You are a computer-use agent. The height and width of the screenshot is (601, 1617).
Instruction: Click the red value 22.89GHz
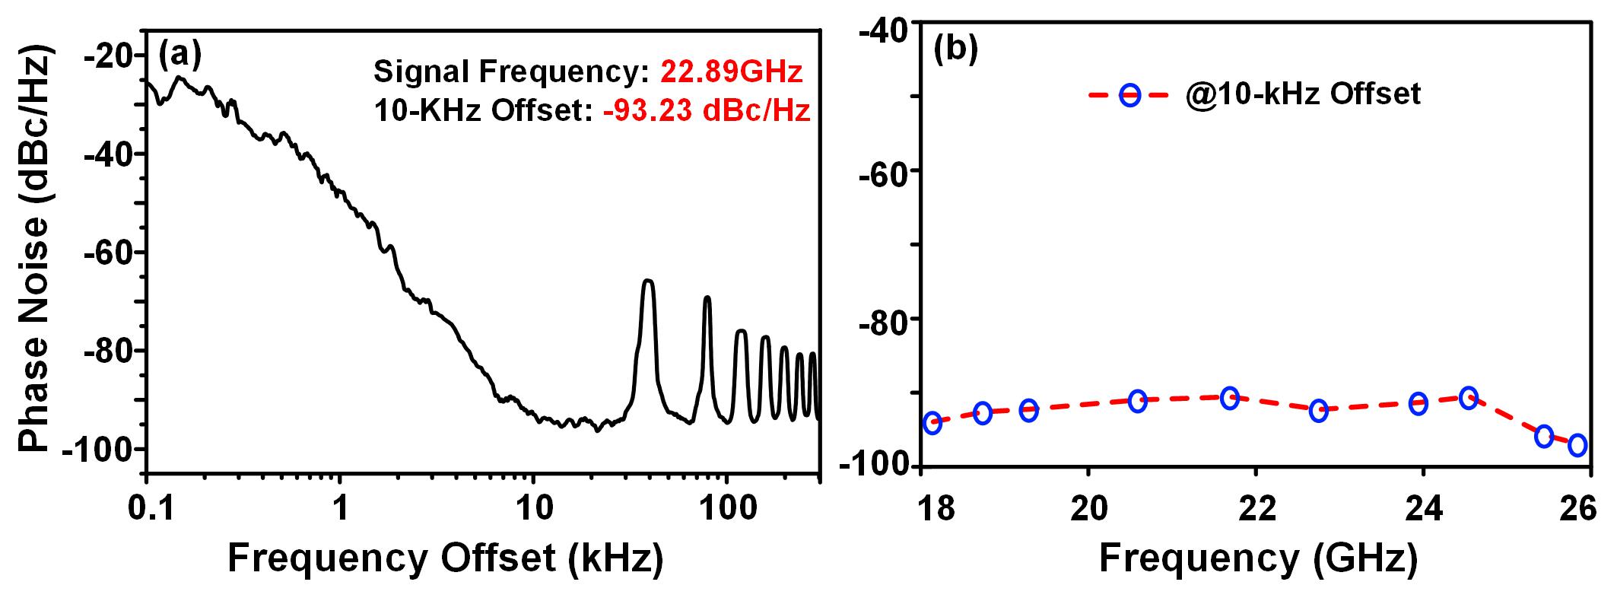[x=731, y=72]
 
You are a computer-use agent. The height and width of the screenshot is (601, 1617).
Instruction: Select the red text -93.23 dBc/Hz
[x=707, y=111]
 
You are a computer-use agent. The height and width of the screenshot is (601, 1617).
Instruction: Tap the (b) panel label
[x=955, y=49]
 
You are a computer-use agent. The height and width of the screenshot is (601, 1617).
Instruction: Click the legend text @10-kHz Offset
[x=1302, y=94]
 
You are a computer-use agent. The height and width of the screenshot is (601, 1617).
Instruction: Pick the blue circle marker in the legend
[x=1129, y=95]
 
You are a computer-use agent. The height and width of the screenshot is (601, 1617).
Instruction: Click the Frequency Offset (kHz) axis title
[x=445, y=559]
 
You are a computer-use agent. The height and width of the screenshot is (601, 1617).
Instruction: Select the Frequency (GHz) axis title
[x=1258, y=559]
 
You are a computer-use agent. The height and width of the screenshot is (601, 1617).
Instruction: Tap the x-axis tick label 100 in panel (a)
[x=726, y=507]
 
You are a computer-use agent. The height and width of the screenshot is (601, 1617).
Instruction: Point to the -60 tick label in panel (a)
[x=109, y=253]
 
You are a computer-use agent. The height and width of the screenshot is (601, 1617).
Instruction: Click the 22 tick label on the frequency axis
[x=1256, y=507]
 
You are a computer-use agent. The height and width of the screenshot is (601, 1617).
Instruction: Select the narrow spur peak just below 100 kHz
[x=707, y=299]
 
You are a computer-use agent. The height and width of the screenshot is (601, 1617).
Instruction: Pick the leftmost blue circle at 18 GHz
[x=932, y=423]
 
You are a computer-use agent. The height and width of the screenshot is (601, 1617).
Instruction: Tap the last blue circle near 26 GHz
[x=1577, y=445]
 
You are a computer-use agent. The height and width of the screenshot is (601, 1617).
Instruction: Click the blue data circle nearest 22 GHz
[x=1230, y=397]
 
